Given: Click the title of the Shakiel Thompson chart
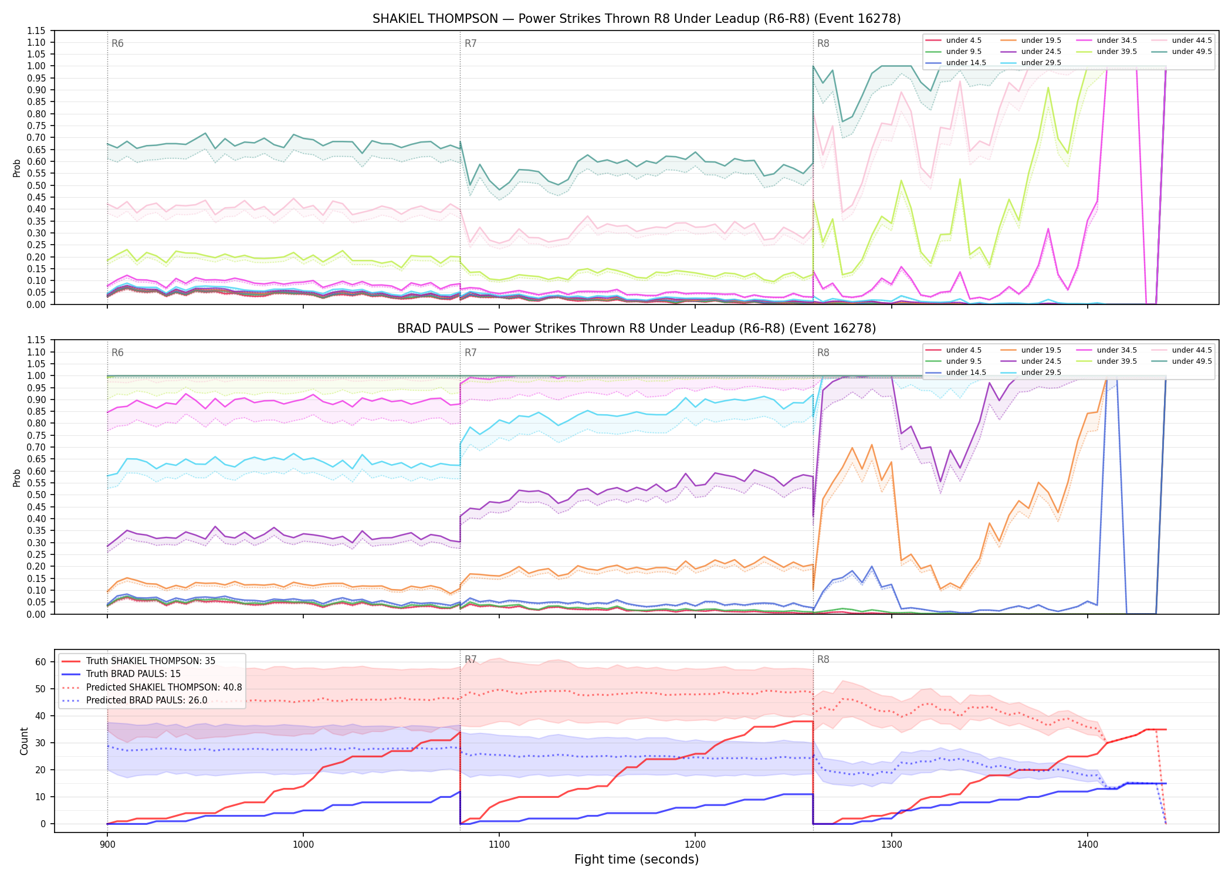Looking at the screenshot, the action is point(637,19).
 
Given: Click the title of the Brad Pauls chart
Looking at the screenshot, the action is point(637,329).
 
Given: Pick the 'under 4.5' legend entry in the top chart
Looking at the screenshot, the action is point(953,40).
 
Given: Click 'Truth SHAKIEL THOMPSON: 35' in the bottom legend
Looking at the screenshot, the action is point(138,661).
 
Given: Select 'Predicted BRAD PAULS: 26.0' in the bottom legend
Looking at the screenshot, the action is point(134,700).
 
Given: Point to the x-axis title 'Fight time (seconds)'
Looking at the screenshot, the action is point(637,859).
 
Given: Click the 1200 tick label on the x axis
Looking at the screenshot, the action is point(695,844).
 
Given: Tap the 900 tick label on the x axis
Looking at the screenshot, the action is point(107,844).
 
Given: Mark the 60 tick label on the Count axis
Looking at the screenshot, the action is point(40,662).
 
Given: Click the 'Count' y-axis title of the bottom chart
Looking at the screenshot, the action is point(24,741).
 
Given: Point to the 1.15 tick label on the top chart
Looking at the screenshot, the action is point(36,31).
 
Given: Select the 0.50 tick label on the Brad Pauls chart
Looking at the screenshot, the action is point(36,495).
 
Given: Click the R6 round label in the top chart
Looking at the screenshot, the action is point(117,43).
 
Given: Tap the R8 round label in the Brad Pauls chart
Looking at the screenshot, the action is point(823,353).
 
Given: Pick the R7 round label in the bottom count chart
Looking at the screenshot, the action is point(471,659).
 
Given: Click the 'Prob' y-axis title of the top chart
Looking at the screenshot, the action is point(17,168).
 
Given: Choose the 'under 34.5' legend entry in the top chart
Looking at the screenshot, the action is point(1106,40).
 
